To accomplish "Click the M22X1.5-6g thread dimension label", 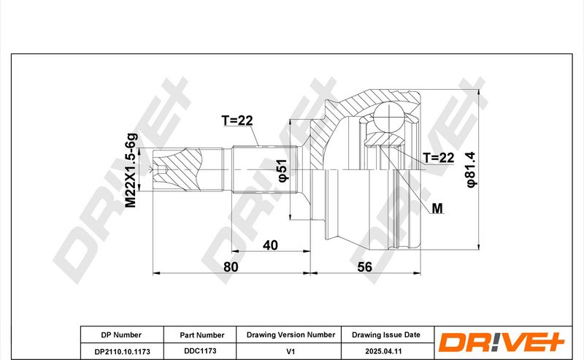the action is coord(131,170).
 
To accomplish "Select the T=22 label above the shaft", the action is coord(237,120).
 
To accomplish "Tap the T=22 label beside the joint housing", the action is coord(439,158).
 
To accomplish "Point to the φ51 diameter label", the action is coord(283,171).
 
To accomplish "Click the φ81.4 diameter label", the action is coord(471,170).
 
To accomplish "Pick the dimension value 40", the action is coord(270,245).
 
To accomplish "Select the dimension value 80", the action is coord(231,267).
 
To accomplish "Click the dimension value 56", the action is coord(364,267).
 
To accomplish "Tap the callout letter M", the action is coord(437,208).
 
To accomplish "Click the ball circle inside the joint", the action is coord(389,117).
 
